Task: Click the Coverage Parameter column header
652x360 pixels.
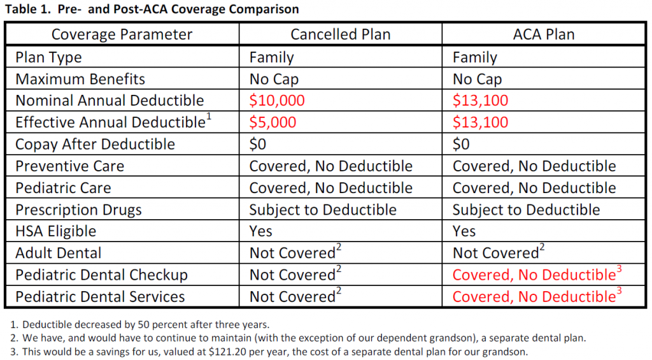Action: [x=122, y=34]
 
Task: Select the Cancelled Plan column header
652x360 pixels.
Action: [x=341, y=34]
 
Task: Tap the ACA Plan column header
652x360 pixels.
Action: [x=544, y=34]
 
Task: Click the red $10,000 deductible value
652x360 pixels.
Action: [x=277, y=100]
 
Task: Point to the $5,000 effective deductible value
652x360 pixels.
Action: [x=273, y=122]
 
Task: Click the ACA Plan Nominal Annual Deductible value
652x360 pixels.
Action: [x=480, y=100]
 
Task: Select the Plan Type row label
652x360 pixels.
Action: [x=48, y=57]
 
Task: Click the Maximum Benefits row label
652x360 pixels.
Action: [x=80, y=79]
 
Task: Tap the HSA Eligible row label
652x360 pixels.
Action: [x=56, y=231]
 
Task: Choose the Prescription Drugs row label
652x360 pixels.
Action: [x=78, y=210]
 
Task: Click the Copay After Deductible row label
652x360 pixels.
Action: [x=96, y=144]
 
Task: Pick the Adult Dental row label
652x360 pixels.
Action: [x=59, y=253]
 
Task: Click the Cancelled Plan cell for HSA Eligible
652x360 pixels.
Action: [x=260, y=231]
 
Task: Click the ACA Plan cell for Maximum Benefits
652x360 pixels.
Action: [x=478, y=79]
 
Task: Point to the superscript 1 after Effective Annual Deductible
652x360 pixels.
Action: [x=209, y=117]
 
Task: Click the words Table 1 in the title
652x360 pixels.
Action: [x=29, y=9]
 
